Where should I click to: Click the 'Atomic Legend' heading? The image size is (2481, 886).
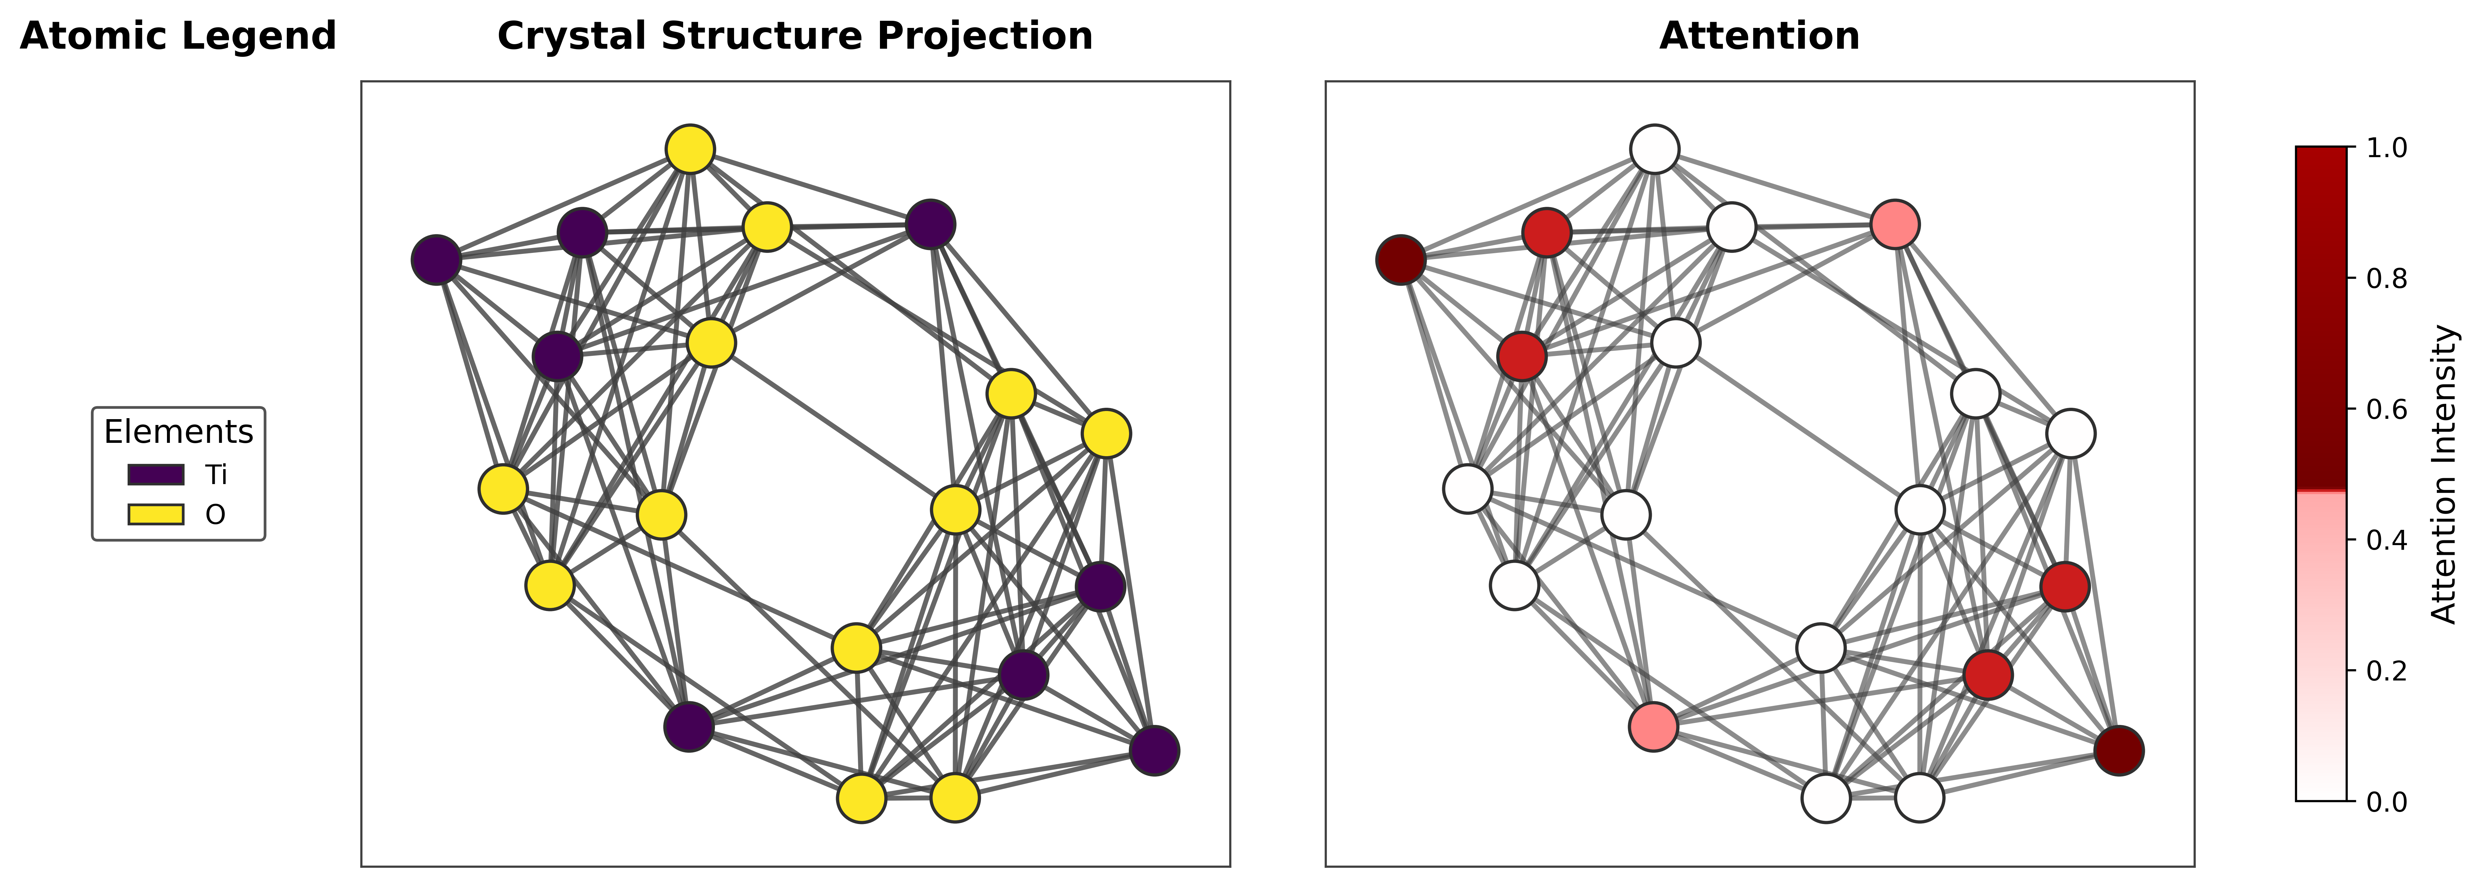[x=178, y=37]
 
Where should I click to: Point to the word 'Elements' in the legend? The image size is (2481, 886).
[x=178, y=432]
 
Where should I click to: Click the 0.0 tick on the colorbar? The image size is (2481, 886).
[x=2386, y=801]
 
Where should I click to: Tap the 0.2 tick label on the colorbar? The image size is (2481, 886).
[x=2386, y=670]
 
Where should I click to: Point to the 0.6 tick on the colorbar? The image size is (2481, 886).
[x=2386, y=409]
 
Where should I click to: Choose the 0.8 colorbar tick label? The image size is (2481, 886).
[x=2386, y=278]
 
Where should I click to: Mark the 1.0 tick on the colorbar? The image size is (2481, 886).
[x=2386, y=147]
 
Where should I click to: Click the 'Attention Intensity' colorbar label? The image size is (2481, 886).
[x=2444, y=474]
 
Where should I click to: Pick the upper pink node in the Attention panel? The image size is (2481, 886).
[x=1894, y=224]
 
